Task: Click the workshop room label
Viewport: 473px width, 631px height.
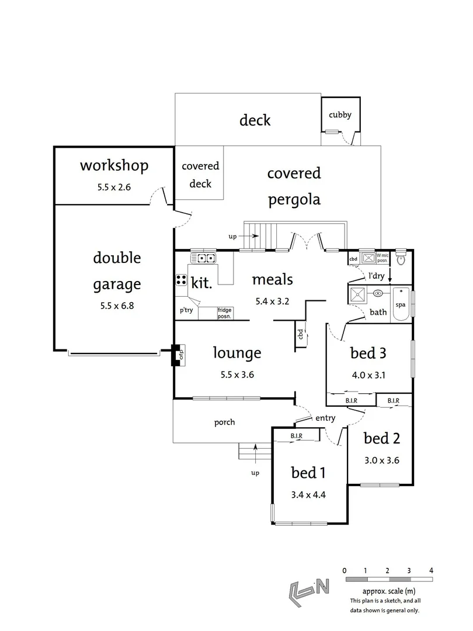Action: (114, 166)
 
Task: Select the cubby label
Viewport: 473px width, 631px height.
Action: (340, 115)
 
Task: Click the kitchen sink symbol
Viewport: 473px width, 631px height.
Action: (203, 258)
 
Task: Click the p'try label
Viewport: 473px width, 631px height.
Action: (186, 310)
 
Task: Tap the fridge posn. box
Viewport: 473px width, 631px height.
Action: (224, 313)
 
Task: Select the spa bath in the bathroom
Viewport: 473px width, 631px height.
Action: (401, 305)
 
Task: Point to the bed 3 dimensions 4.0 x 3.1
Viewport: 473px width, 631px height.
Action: (368, 376)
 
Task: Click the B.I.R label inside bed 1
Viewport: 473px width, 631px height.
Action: (297, 436)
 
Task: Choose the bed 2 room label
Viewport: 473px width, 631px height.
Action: (381, 438)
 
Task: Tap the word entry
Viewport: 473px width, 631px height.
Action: (325, 418)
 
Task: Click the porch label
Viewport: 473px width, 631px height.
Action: (224, 422)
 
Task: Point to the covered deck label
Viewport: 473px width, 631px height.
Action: (200, 175)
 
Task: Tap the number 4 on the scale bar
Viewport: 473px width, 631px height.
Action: (431, 570)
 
